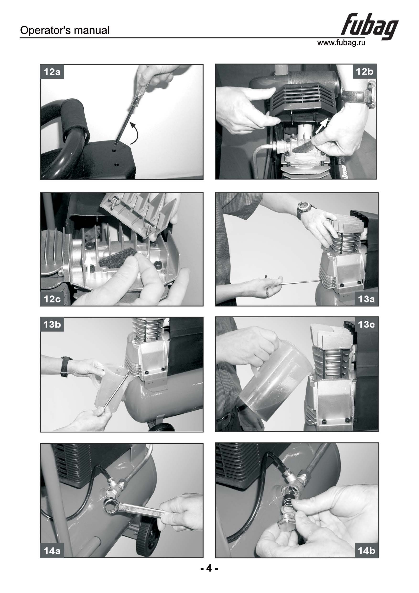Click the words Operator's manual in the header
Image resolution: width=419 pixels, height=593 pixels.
tap(65, 30)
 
